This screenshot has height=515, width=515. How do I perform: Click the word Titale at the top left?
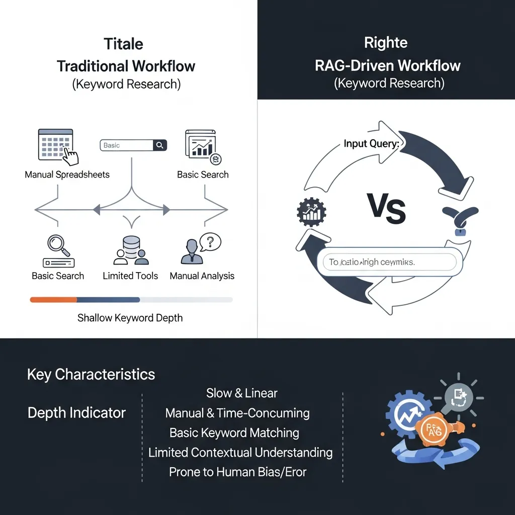(x=124, y=44)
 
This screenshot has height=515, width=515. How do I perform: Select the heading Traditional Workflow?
(x=126, y=66)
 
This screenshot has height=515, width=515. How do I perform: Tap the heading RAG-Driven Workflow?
(x=387, y=65)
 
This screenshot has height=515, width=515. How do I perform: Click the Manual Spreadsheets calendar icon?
(x=56, y=144)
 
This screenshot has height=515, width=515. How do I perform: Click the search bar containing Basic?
(x=127, y=145)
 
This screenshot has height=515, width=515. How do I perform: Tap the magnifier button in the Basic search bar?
(x=160, y=145)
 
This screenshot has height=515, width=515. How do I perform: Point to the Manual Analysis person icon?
(x=192, y=252)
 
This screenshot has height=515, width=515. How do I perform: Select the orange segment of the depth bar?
(x=53, y=300)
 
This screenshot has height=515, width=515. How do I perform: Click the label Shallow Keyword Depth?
(x=130, y=318)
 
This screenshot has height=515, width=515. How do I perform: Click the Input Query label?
(x=372, y=144)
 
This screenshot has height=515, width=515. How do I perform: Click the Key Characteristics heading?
(x=91, y=375)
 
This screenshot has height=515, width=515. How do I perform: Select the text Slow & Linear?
(x=241, y=393)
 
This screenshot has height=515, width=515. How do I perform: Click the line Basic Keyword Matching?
(x=234, y=433)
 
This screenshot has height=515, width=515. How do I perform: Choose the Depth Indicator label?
(x=76, y=413)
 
